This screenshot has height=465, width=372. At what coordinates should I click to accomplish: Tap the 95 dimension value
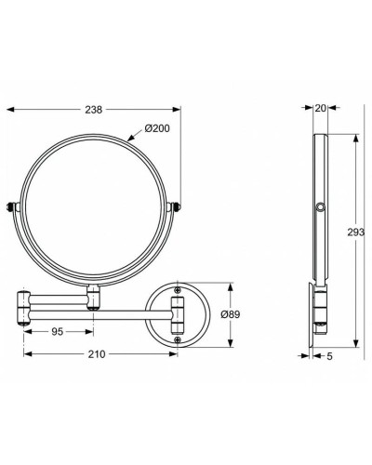click(x=58, y=331)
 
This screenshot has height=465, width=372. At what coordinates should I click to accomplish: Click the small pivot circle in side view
click(x=321, y=207)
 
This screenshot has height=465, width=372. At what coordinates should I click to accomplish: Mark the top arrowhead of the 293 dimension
click(x=355, y=136)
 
